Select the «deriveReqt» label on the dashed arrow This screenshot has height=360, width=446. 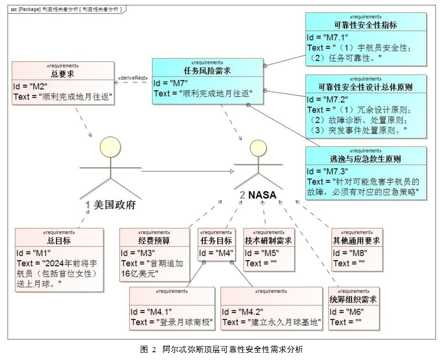[x=133, y=78]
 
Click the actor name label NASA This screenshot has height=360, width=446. [x=262, y=195]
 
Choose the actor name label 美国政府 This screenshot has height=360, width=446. [x=114, y=205]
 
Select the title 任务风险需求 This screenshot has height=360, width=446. [x=207, y=71]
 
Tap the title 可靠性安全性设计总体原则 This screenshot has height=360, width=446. [x=365, y=87]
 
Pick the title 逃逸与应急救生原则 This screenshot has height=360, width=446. [x=365, y=159]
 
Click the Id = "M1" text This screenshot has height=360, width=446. [x=34, y=253]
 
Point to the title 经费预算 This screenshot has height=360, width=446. [x=154, y=241]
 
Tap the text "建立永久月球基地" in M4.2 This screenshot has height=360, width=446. [x=285, y=322]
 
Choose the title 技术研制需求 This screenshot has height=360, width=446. [x=268, y=241]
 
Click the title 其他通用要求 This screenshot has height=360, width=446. [x=356, y=241]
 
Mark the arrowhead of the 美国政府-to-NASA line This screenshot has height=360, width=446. [x=231, y=172]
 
